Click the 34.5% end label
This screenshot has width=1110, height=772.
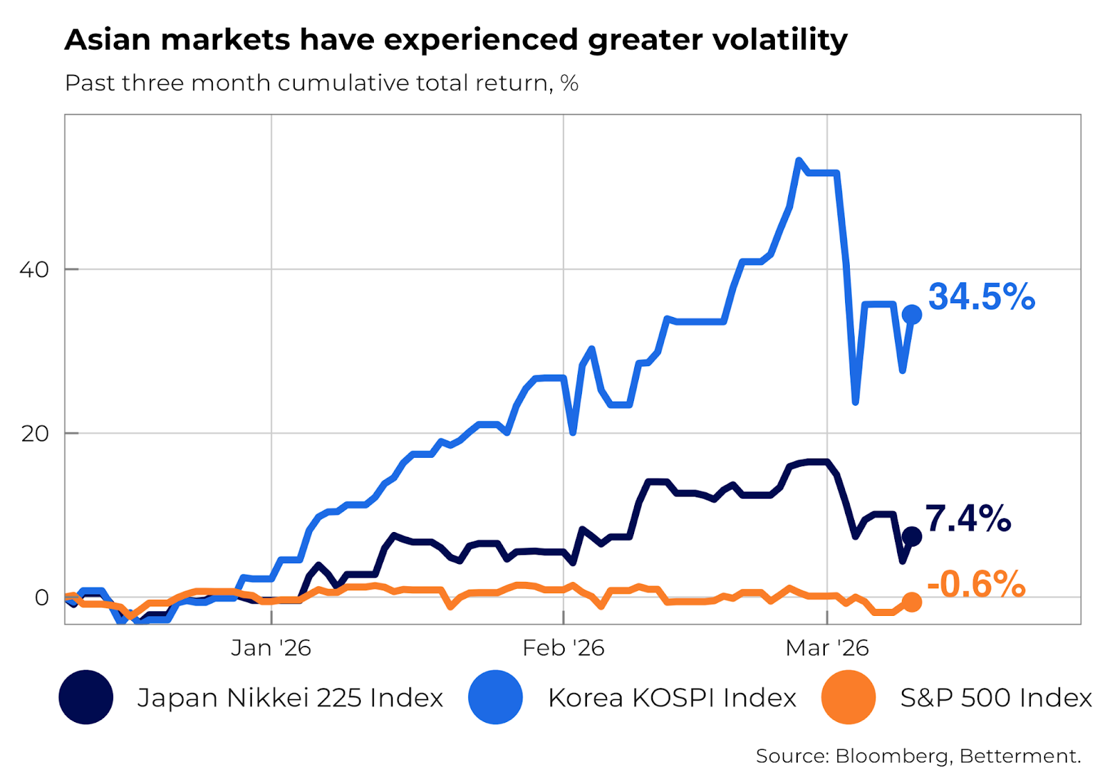981,297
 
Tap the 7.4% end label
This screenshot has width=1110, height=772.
968,519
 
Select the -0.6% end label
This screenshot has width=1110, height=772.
975,584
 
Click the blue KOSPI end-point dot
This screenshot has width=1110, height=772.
912,315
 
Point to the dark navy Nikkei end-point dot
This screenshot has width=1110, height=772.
912,536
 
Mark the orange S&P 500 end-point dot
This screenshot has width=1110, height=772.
912,602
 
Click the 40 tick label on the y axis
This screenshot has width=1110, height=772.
34,269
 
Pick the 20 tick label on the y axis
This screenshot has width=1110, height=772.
35,434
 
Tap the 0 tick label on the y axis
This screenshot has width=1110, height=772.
42,597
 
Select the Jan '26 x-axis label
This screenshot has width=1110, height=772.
271,648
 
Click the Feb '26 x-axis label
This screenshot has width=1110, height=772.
563,648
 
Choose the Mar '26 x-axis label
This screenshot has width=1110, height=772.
826,648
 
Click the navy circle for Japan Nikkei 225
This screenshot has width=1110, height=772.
86,697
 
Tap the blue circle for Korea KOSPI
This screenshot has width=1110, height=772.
495,697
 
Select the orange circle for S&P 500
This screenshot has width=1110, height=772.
848,697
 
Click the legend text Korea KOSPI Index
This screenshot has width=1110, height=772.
672,698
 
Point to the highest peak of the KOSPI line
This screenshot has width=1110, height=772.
799,161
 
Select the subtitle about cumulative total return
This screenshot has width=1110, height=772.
321,83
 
